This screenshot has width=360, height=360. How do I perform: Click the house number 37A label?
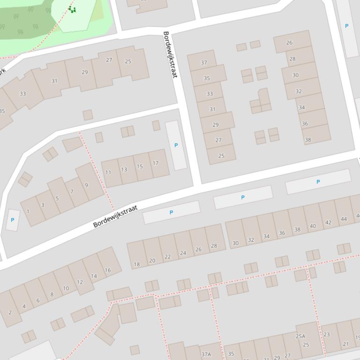click(x=206, y=354)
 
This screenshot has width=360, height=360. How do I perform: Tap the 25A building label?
click(x=300, y=336)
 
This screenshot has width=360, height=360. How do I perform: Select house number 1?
click(x=28, y=211)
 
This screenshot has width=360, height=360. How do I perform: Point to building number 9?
click(x=86, y=185)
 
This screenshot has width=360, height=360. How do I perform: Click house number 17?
click(x=155, y=163)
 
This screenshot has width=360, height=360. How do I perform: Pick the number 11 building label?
click(x=108, y=172)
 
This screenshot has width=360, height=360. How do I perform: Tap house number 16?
click(x=108, y=270)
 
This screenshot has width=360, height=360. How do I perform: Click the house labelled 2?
click(x=10, y=312)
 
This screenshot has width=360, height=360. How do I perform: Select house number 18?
click(x=137, y=264)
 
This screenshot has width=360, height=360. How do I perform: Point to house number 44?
click(x=344, y=219)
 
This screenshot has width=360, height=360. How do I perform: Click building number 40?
click(x=313, y=226)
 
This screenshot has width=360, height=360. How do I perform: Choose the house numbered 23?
click(x=326, y=334)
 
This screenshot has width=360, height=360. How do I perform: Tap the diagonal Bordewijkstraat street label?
click(x=115, y=216)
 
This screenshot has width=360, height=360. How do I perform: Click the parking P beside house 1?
click(x=12, y=220)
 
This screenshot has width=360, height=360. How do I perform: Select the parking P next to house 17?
click(x=176, y=145)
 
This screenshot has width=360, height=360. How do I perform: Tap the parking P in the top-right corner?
click(x=346, y=26)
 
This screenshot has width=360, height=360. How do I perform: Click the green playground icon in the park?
click(x=72, y=9)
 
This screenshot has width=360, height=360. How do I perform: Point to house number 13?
click(x=124, y=169)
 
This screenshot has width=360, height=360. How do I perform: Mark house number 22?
click(x=168, y=257)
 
